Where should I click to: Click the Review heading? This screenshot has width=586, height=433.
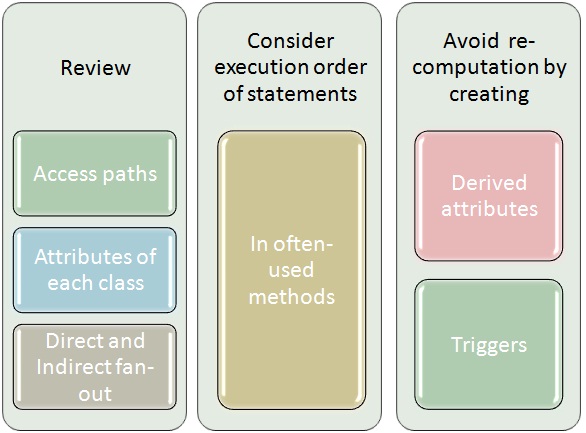point(96,68)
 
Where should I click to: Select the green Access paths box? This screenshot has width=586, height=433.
point(95,173)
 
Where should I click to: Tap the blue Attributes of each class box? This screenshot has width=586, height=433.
point(95,270)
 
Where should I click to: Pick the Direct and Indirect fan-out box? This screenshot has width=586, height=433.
point(95,367)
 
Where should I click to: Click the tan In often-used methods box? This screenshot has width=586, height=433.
point(292,270)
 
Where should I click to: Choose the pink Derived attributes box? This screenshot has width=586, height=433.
point(489,196)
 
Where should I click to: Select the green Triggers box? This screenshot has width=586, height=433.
point(489,344)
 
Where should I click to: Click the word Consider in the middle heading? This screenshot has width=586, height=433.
point(290,41)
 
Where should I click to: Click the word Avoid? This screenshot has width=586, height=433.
point(471,41)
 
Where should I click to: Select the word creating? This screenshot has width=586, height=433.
point(489,95)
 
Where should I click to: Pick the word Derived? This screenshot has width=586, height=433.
point(489,183)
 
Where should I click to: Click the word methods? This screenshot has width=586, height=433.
point(292,297)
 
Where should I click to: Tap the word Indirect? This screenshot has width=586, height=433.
point(74,367)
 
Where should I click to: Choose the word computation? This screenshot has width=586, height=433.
point(475,68)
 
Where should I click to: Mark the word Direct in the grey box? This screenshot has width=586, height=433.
point(68,340)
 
